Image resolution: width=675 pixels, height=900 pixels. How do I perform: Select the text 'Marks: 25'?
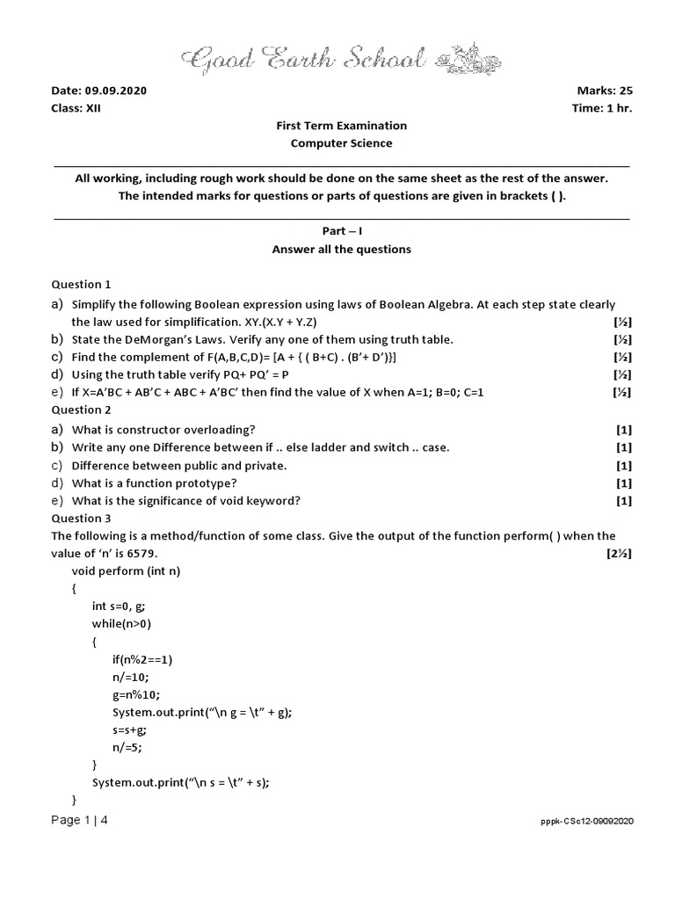pyautogui.click(x=605, y=91)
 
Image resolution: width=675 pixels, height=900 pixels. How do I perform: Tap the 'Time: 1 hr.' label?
pyautogui.click(x=602, y=108)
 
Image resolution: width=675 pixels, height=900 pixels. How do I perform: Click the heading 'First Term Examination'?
pyautogui.click(x=342, y=126)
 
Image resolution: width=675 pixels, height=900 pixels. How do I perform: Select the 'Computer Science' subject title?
pyautogui.click(x=342, y=143)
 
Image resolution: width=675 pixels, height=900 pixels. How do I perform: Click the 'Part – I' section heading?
pyautogui.click(x=342, y=231)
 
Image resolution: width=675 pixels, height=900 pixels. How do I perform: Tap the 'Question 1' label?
pyautogui.click(x=82, y=285)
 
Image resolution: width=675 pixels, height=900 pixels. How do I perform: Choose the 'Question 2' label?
pyautogui.click(x=82, y=410)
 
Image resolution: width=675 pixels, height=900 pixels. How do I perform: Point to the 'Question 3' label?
pyautogui.click(x=82, y=519)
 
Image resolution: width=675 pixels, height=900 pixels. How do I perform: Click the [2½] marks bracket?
pyautogui.click(x=619, y=554)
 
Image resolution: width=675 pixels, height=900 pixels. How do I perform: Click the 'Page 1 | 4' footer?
pyautogui.click(x=80, y=820)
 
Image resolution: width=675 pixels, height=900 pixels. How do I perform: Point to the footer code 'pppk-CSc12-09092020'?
pyautogui.click(x=587, y=821)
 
